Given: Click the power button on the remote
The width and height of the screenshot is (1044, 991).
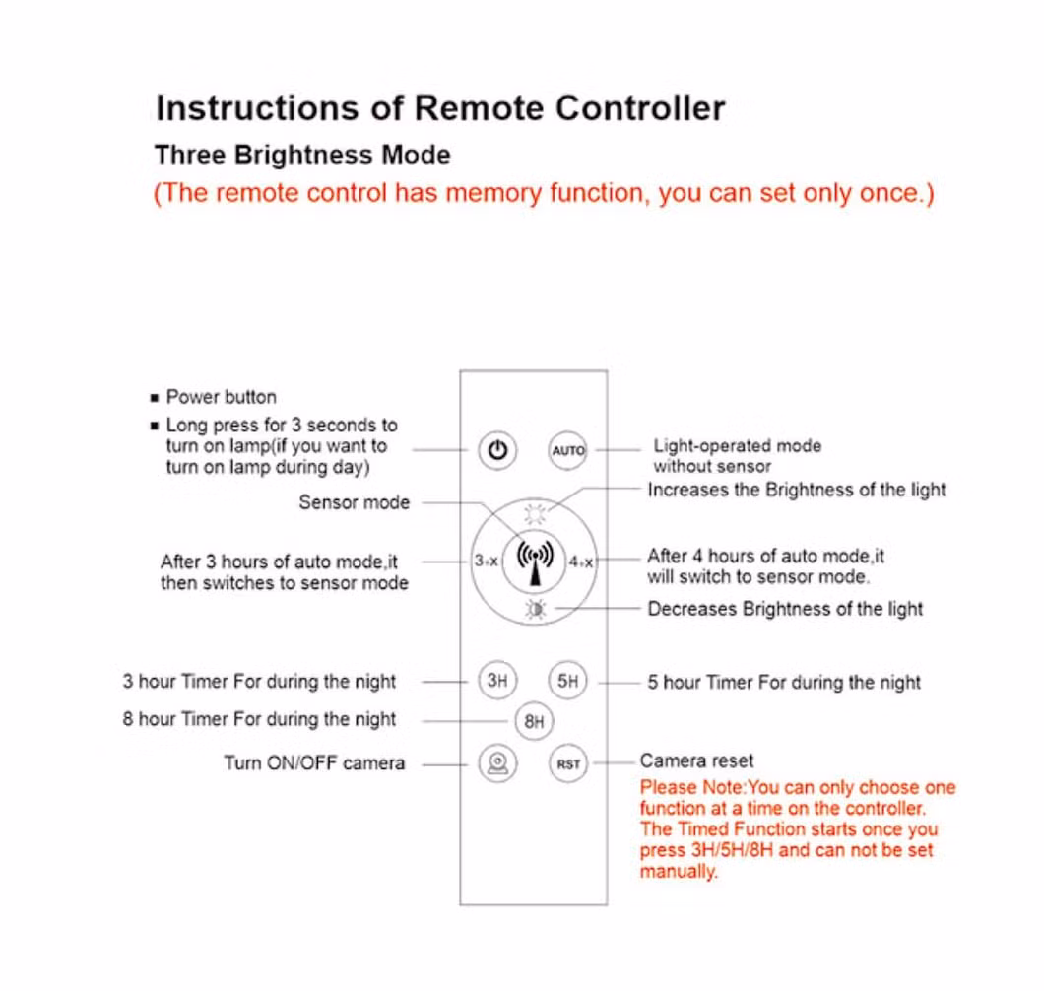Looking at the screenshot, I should click(x=498, y=451).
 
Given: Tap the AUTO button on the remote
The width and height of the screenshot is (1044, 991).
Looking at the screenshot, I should click(x=568, y=451).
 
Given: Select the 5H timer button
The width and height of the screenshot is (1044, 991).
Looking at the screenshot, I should click(x=567, y=681).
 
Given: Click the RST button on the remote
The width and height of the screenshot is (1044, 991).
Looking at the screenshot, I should click(x=568, y=763).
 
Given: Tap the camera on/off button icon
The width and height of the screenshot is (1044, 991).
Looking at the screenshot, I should click(x=498, y=763).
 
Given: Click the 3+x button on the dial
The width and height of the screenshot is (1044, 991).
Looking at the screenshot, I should click(x=486, y=561).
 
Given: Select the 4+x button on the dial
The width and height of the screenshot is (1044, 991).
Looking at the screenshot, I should click(x=581, y=562).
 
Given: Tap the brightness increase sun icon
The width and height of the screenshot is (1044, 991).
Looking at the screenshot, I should click(x=535, y=512).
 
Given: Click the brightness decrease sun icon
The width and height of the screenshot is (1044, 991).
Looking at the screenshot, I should click(x=535, y=610).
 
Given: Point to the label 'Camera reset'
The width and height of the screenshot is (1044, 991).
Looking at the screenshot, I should click(x=696, y=760).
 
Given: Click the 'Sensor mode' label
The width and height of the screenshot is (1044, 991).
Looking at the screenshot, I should click(x=354, y=502).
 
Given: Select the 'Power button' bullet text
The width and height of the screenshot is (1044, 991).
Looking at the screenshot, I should click(x=221, y=397).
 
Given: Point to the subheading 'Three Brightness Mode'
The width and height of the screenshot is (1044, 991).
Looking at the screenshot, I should click(x=302, y=155).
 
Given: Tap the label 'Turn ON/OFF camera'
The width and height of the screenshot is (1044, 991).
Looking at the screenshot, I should click(x=314, y=762).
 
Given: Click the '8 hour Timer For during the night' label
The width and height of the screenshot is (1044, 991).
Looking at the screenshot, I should click(x=260, y=719).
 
